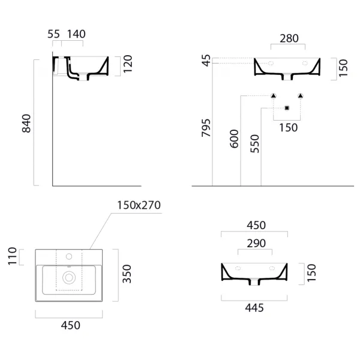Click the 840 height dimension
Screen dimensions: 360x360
(26, 123)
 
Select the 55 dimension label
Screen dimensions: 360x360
(53, 34)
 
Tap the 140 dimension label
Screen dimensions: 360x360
(76, 34)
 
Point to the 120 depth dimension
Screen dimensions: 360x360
(128, 64)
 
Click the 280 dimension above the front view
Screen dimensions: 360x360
(289, 38)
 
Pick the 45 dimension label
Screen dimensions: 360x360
(206, 61)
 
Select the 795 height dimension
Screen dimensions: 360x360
(206, 128)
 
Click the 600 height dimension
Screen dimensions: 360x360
(234, 139)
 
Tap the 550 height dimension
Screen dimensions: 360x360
(254, 144)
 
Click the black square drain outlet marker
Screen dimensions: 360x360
(287, 108)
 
